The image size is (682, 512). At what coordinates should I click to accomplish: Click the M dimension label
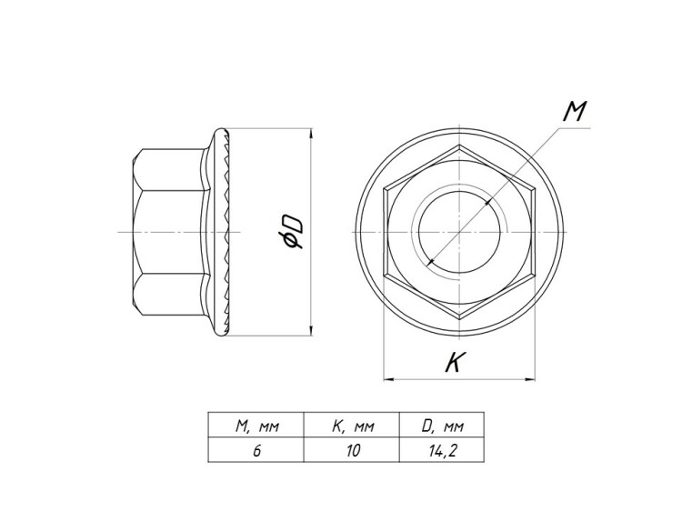pos(575,111)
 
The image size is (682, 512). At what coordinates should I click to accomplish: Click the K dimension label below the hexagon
pos(456,362)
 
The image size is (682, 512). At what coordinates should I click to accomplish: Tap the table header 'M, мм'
pos(256,427)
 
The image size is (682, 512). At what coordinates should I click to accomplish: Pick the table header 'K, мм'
pos(353,427)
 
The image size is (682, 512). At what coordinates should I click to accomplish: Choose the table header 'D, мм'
pos(442,427)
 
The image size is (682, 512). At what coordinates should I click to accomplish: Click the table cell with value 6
pos(256,451)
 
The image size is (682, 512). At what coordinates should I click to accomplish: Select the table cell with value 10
pos(353,451)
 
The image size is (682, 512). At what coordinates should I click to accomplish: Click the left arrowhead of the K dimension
pos(388,379)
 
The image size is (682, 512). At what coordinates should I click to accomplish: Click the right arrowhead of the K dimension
pos(530,379)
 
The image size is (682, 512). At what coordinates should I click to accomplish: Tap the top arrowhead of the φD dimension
pos(311,133)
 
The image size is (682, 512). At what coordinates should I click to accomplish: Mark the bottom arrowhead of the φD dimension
pos(311,331)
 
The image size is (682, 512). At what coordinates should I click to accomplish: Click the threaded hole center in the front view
pos(459,232)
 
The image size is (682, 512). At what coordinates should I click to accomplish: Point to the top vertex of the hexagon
pos(459,146)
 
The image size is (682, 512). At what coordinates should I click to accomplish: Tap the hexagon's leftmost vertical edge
pos(385,232)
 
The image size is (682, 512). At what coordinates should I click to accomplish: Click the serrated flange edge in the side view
pos(227,232)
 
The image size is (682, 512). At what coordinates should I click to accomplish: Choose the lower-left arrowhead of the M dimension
pos(432,261)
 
